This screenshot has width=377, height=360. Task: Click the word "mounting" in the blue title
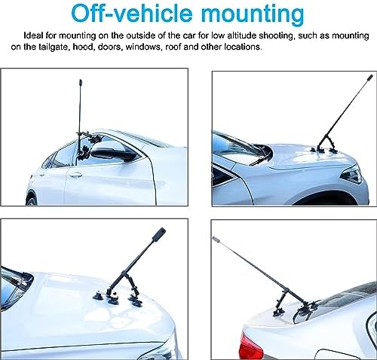coord(253,14)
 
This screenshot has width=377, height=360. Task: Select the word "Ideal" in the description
coord(34,35)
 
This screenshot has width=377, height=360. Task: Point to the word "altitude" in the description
coord(242,35)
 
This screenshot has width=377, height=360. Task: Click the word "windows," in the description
coord(143,47)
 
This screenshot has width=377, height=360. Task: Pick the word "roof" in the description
coord(173,47)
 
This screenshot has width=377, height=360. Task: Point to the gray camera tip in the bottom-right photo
coord(216,239)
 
